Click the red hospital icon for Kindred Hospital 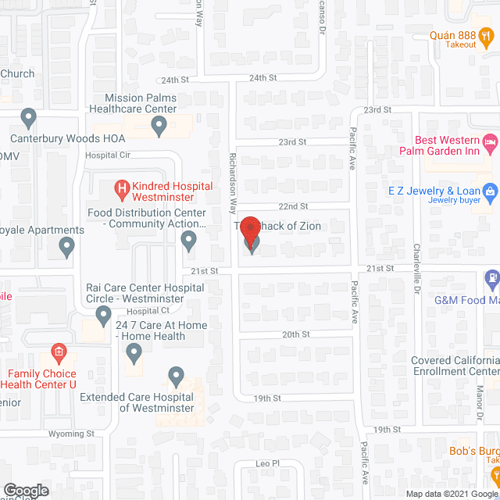121,187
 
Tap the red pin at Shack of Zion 250,231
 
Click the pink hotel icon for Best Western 490,142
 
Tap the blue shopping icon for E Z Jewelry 490,191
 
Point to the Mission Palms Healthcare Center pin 159,124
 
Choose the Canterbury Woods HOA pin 29,119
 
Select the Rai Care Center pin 103,316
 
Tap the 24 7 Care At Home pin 134,354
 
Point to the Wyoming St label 70,433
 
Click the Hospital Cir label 107,155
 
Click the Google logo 25,491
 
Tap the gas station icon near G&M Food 491,277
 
